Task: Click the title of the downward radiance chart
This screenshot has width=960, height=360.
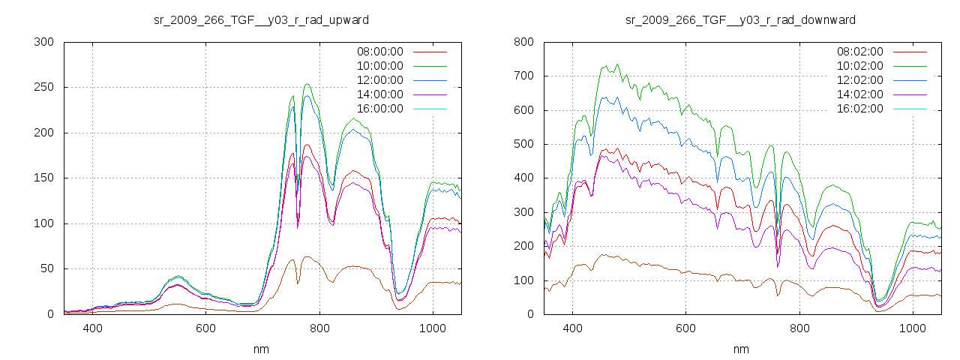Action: click(x=740, y=19)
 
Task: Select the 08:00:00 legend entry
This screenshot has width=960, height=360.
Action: click(x=379, y=52)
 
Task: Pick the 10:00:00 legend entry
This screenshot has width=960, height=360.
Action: click(x=379, y=66)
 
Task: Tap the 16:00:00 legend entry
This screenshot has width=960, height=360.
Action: click(x=379, y=109)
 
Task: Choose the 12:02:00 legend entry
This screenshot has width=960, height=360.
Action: click(x=859, y=80)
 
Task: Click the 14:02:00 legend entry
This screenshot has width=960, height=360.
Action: click(x=859, y=94)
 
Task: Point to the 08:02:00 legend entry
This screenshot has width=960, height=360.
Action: click(x=859, y=52)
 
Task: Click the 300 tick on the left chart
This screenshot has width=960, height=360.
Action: click(x=44, y=42)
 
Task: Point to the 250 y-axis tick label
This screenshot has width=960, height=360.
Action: click(x=44, y=87)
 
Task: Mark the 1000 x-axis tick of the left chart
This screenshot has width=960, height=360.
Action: click(x=432, y=328)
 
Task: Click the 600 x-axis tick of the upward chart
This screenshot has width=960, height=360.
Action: click(x=205, y=328)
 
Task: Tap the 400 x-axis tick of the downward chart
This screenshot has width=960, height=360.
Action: click(x=572, y=328)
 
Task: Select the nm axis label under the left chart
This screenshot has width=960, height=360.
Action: click(x=261, y=349)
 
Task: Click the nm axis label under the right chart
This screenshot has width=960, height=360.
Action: click(x=740, y=349)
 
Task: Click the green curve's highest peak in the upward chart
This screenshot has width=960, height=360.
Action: click(x=307, y=84)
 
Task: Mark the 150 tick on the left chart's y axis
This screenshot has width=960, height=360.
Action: click(x=44, y=178)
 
